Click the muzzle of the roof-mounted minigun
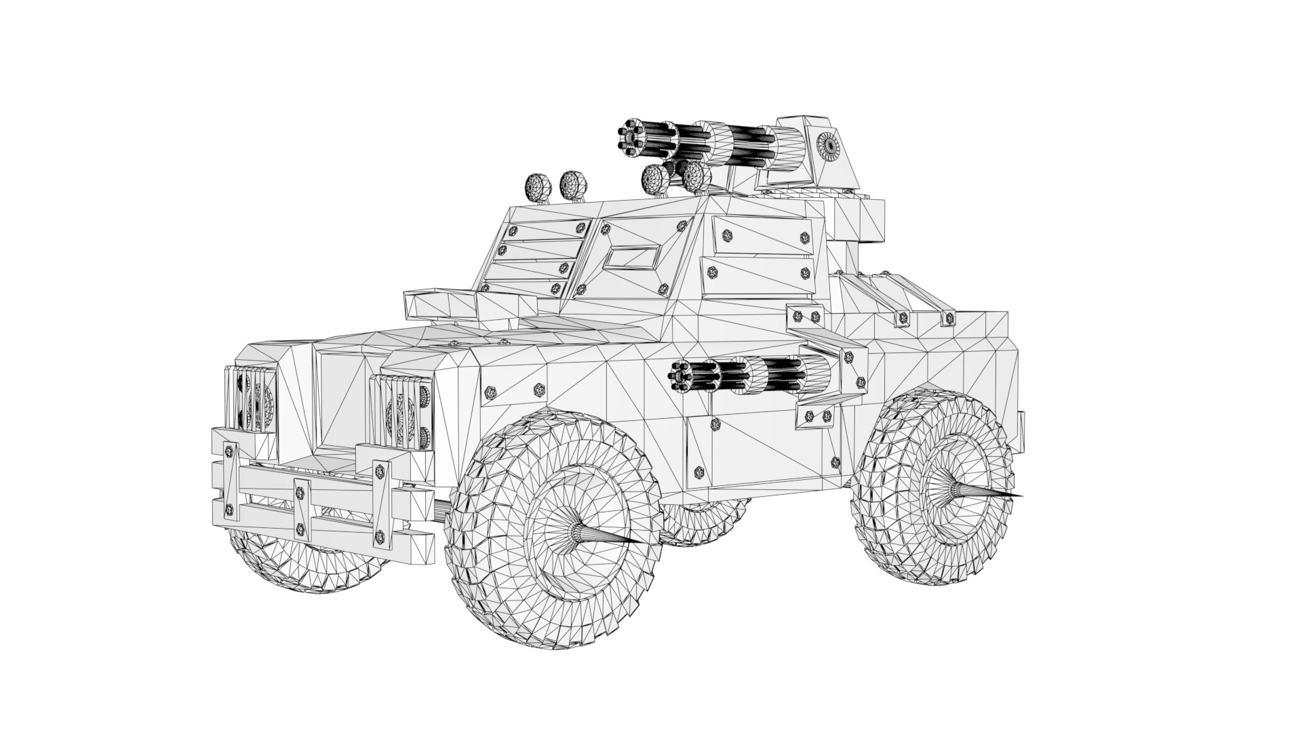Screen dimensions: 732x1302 pyautogui.click(x=631, y=138)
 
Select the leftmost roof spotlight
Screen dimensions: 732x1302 pyautogui.click(x=538, y=186)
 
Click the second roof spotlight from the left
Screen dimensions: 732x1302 pyautogui.click(x=575, y=184)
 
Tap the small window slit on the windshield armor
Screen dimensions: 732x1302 pyautogui.click(x=633, y=258)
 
